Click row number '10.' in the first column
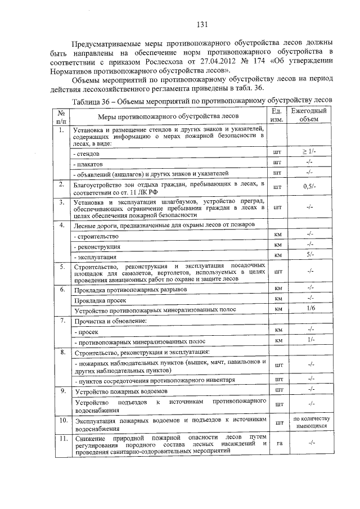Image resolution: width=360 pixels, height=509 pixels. coord(62,420)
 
